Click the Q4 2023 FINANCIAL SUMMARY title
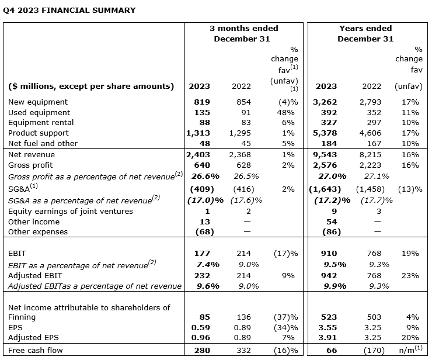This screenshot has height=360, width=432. (69, 10)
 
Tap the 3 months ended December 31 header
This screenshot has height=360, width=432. (244, 33)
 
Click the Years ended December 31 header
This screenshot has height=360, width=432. (365, 33)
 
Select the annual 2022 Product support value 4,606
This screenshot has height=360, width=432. (371, 133)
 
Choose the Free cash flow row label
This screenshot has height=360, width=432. (36, 350)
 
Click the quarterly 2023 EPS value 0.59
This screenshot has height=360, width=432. (200, 327)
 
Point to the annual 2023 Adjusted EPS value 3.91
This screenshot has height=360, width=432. (326, 338)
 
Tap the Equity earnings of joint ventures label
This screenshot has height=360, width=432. (71, 211)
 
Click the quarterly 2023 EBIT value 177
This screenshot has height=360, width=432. (201, 253)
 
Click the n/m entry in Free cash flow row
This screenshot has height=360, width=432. (407, 349)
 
